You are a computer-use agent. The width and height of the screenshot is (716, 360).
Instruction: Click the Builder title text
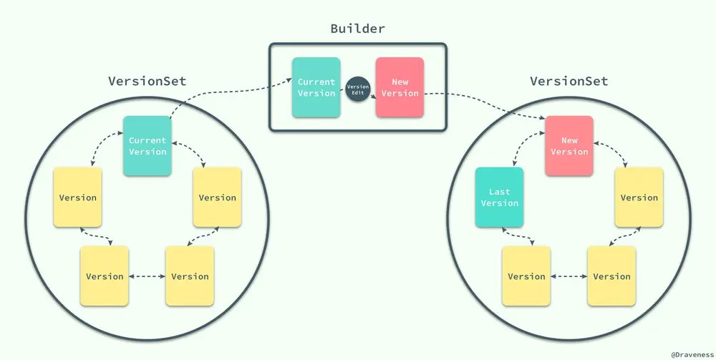point(357,29)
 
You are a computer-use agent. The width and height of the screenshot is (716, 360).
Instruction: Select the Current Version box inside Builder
point(316,88)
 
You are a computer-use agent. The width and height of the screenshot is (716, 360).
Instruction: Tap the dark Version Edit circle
point(358,88)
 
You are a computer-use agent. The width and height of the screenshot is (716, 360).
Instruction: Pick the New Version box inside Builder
point(400,88)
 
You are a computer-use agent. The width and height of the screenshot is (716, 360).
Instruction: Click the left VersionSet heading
point(147,81)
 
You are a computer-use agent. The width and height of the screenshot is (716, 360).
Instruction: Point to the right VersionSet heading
point(569,81)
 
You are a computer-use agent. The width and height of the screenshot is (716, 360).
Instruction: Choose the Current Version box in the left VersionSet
point(147,146)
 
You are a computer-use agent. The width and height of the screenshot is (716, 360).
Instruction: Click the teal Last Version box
point(499,198)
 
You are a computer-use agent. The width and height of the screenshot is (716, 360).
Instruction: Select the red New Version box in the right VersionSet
point(569,146)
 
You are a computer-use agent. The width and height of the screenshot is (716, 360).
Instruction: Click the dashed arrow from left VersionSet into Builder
point(222,94)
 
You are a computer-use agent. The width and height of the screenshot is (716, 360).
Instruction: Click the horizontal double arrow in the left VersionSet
point(147,276)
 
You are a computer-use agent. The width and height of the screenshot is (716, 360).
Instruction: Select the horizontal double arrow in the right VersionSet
point(569,276)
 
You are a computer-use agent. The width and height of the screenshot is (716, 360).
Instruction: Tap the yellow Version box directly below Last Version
point(526,276)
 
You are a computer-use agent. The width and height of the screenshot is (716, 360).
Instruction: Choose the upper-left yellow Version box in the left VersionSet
point(77,198)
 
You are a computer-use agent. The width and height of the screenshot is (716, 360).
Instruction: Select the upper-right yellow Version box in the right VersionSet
point(639,198)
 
